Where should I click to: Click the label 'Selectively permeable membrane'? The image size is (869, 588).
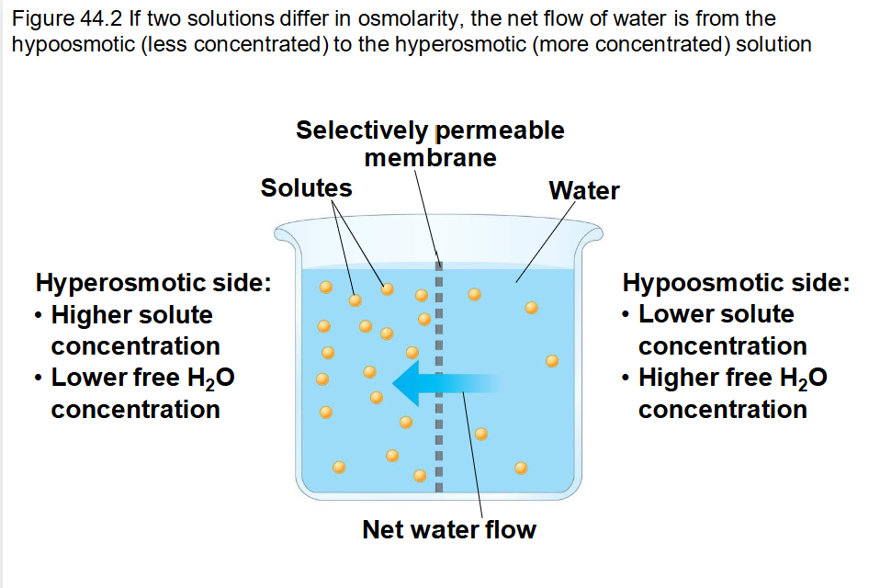tap(430, 143)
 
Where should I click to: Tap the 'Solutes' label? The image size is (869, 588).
tap(306, 188)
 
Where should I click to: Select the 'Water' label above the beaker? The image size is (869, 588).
tap(583, 191)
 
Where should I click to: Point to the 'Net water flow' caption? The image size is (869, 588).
tap(448, 530)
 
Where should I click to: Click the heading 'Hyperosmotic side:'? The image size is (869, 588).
tap(152, 282)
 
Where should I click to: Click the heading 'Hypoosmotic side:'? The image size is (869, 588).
tap(736, 282)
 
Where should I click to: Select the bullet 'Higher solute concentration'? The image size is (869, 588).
tap(134, 330)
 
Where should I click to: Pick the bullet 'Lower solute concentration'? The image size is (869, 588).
tap(721, 330)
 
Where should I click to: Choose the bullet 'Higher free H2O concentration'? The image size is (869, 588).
tap(731, 393)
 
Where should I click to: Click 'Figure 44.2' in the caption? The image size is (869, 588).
tap(58, 18)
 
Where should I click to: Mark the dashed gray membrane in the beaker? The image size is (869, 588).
tap(438, 367)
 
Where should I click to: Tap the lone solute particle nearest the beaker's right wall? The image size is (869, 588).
tap(551, 360)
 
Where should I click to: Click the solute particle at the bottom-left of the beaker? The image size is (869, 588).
tap(339, 467)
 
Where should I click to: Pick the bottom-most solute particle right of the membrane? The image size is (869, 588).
tap(521, 468)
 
